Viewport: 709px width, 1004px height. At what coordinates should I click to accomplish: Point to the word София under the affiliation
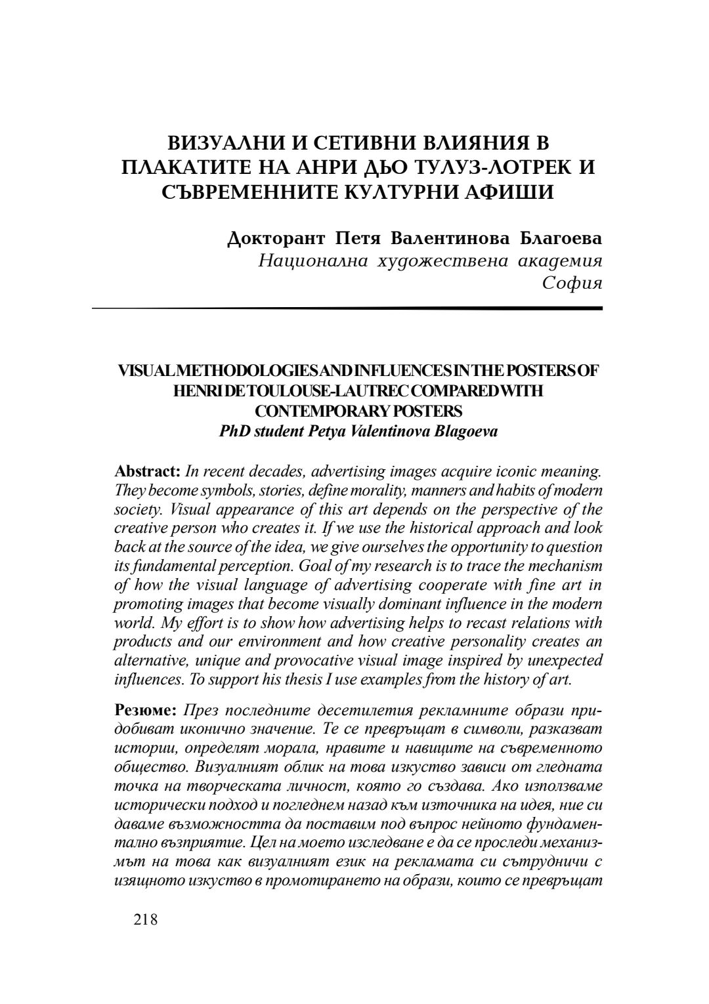[572, 283]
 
